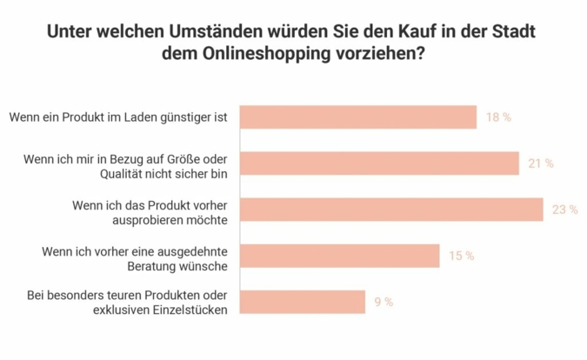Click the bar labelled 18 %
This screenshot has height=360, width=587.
point(357,117)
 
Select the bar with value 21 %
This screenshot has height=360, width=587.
point(378,163)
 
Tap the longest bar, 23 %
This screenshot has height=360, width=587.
point(390,210)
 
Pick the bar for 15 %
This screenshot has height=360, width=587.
point(339,256)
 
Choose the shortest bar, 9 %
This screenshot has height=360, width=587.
point(302,302)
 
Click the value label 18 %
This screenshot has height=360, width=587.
point(498,117)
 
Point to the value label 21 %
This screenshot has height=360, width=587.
point(540,163)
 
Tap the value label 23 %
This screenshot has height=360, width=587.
point(564,210)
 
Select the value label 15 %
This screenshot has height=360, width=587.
point(461,256)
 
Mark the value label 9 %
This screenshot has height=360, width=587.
point(384,302)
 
